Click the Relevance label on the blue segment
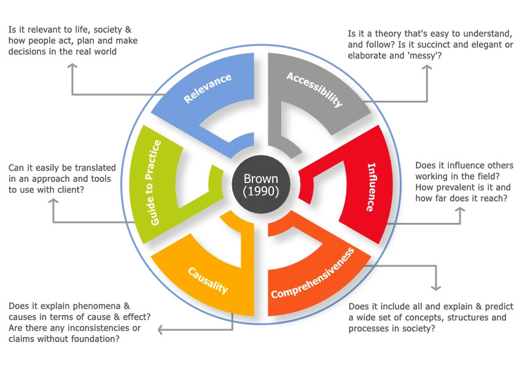207,88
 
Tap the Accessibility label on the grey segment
314,89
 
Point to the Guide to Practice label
156,182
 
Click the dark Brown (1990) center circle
261,185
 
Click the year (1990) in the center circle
261,191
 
